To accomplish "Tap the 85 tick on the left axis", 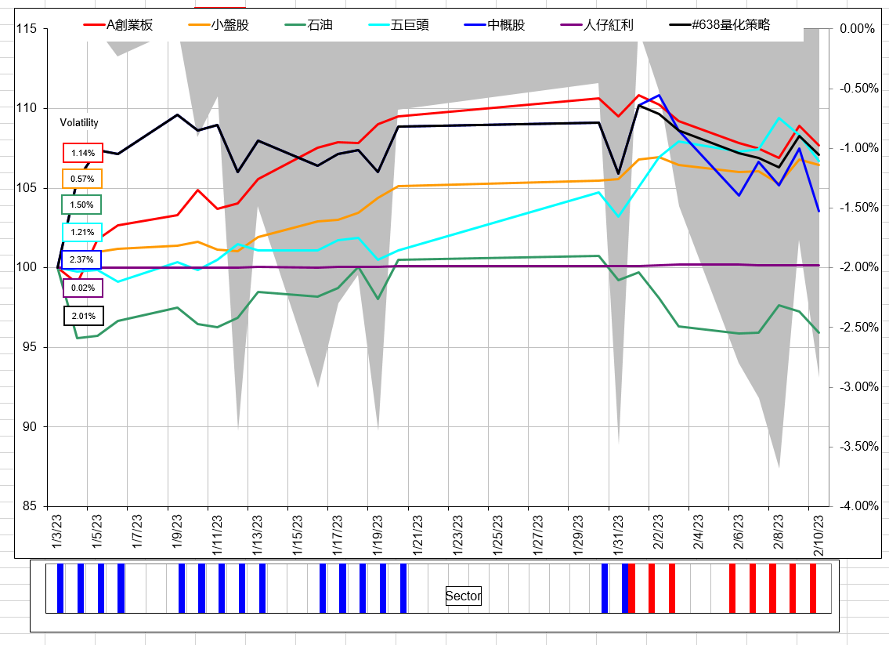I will pos(29,506).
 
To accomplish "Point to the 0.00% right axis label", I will pos(856,29).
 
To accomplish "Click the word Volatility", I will pos(79,123).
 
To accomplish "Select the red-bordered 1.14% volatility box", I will pos(82,153).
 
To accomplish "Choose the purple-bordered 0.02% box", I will pos(82,288).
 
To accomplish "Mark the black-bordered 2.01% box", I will pos(83,316).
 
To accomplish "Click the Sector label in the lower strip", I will pos(463,596).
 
